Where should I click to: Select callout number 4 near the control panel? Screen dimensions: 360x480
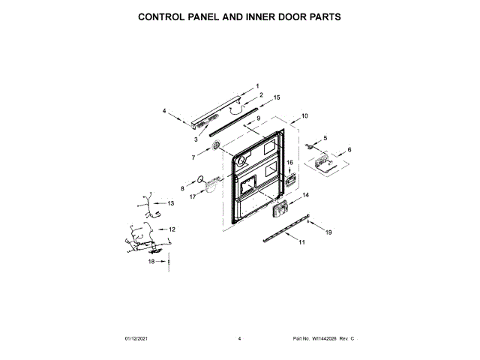[x=164, y=111]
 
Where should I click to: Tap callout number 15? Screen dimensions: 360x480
[x=277, y=97]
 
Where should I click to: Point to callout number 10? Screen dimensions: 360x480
[x=304, y=116]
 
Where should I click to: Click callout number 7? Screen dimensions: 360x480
[x=193, y=157]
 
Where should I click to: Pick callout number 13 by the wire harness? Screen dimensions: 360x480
[x=170, y=203]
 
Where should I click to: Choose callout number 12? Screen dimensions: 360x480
[x=172, y=229]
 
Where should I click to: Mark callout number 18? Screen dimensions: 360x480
[x=151, y=262]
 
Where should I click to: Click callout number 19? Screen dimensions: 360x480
[x=328, y=233]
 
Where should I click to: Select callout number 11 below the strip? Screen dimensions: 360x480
[x=301, y=243]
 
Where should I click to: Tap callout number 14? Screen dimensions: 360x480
[x=305, y=195]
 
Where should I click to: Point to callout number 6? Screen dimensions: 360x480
[x=349, y=150]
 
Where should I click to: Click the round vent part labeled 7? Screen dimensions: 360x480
[x=217, y=145]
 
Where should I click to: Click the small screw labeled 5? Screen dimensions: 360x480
[x=308, y=147]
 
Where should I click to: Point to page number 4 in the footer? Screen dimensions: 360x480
[x=239, y=339]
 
